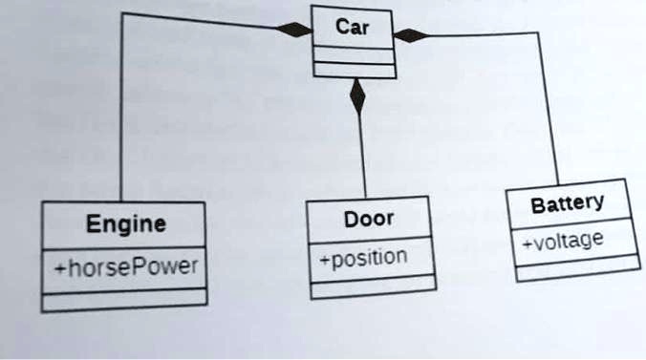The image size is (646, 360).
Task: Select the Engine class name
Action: point(125,225)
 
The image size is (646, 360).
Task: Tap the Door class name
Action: point(368,220)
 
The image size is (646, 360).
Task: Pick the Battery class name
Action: point(567,203)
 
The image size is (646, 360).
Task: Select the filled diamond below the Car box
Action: point(357,96)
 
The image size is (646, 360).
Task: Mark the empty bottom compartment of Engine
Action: point(124,300)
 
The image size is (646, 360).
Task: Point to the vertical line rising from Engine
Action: point(120,115)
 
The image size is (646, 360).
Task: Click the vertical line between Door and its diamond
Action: point(362,158)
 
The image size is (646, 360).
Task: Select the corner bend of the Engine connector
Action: point(121,13)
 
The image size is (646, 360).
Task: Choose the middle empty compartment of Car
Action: point(353,56)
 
